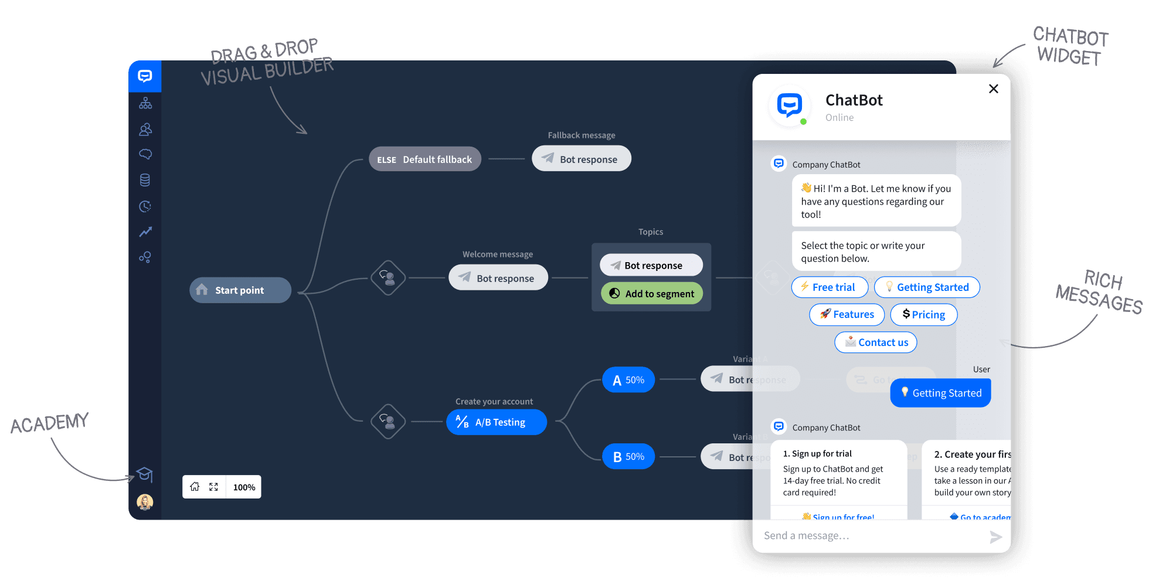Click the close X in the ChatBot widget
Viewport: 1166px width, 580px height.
(993, 89)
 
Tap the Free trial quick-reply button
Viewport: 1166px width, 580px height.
(830, 287)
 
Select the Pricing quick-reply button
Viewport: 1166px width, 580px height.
(923, 315)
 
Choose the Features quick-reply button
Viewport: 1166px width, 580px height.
(847, 315)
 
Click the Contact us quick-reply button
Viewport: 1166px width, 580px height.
(875, 342)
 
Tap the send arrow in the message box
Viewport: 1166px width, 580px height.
(995, 537)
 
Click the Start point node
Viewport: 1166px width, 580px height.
(240, 290)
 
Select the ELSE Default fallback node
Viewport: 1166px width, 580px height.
(424, 160)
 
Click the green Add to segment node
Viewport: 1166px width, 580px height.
(651, 294)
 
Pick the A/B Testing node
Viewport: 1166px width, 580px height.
(496, 422)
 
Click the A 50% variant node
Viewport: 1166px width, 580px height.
(628, 380)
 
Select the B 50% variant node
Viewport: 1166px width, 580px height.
(628, 457)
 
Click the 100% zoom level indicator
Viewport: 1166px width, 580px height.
(244, 487)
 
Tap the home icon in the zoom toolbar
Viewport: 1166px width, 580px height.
(195, 487)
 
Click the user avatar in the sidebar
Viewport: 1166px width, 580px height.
(145, 502)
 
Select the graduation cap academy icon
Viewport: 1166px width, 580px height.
(145, 474)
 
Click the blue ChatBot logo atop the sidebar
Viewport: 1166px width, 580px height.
(145, 76)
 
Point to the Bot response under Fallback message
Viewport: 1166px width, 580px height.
(581, 160)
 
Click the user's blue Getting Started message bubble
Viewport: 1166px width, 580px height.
(940, 393)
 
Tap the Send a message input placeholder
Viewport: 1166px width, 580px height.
(807, 536)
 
